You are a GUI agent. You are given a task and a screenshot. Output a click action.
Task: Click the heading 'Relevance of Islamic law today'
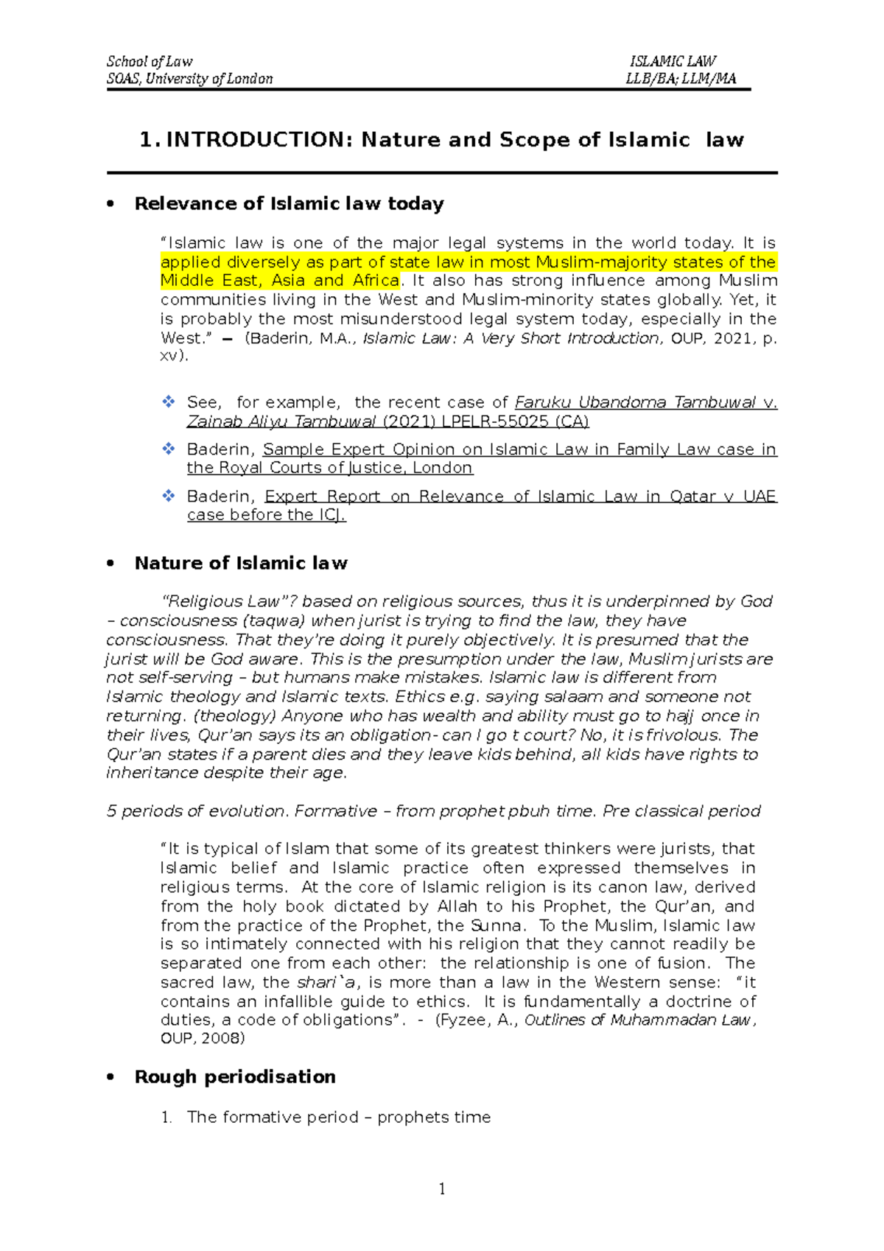289,203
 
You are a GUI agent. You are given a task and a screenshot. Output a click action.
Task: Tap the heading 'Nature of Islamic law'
241,563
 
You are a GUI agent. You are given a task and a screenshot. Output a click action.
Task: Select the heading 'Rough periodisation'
235,1076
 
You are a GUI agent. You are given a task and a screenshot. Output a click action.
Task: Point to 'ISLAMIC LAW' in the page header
673,61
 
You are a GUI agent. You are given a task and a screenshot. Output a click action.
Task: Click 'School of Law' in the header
150,61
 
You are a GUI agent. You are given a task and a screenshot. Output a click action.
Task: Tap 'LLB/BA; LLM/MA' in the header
681,79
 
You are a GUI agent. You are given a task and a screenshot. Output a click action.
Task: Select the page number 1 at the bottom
442,1188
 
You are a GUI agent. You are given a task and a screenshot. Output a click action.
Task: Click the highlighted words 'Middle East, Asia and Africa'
280,281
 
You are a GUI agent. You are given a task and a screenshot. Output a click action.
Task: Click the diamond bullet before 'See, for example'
169,402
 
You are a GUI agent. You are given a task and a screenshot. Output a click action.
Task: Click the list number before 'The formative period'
166,1117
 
